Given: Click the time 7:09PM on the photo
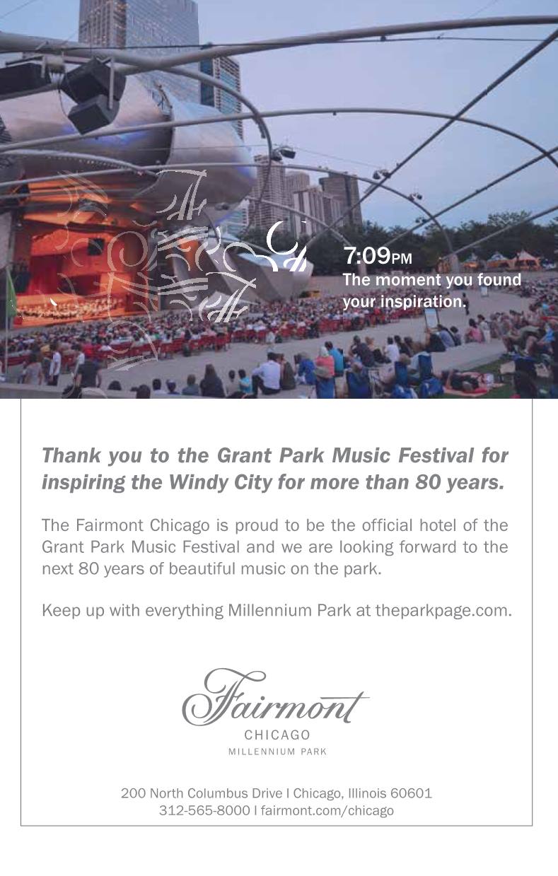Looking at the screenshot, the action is [378, 256].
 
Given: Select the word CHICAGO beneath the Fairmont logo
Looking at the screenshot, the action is [277, 735].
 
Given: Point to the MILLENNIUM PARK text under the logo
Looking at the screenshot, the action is [277, 752].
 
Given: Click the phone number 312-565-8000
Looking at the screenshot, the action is [204, 810].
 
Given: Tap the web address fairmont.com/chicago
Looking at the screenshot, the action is [327, 810].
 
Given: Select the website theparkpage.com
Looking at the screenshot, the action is [443, 610].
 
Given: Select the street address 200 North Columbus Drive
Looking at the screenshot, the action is [202, 793].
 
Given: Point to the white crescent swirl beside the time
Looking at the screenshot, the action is [286, 246].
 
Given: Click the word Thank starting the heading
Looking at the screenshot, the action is [71, 455].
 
